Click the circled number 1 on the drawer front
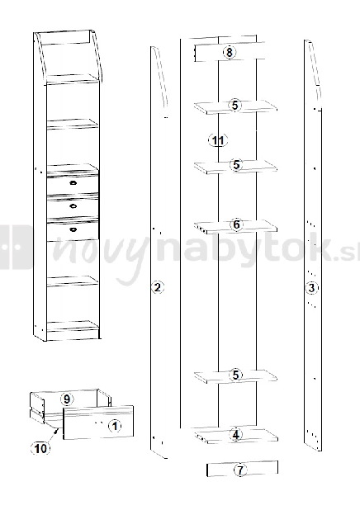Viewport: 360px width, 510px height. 115,425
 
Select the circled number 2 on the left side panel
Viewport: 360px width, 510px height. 158,287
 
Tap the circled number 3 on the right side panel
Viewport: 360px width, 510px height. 310,288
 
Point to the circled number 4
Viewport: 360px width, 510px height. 235,434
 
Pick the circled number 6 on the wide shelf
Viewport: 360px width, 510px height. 235,224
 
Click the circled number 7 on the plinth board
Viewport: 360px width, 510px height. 239,470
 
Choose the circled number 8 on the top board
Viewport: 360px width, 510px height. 229,53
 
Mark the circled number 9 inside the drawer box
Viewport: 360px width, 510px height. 67,399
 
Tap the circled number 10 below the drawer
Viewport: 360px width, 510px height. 40,448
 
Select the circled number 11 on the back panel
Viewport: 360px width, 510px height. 217,141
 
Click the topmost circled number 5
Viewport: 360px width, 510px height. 235,106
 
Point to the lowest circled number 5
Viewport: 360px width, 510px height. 235,375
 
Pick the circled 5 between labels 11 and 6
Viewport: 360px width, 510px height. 235,165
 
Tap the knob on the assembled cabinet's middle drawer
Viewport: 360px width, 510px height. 73,205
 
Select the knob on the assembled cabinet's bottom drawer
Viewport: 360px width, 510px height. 73,229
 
